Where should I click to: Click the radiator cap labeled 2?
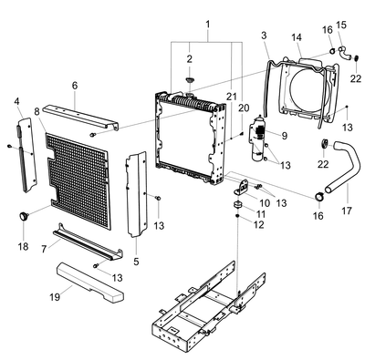190,80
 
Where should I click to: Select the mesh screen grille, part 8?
78,180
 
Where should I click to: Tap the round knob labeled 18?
24,216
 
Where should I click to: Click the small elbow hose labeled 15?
345,54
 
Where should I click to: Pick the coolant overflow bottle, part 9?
258,138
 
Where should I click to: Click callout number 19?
55,296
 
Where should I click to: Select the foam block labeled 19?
90,283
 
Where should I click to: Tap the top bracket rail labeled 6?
80,118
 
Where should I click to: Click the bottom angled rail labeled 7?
89,242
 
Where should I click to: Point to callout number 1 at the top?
208,25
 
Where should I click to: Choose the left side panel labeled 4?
27,155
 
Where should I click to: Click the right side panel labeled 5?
137,194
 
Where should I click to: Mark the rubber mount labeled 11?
238,205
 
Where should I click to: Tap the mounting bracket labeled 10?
242,188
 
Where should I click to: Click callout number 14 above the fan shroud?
297,37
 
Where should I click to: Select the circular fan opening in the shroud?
308,89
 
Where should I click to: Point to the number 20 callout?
244,108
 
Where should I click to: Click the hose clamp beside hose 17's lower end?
318,197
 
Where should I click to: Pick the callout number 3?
264,36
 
